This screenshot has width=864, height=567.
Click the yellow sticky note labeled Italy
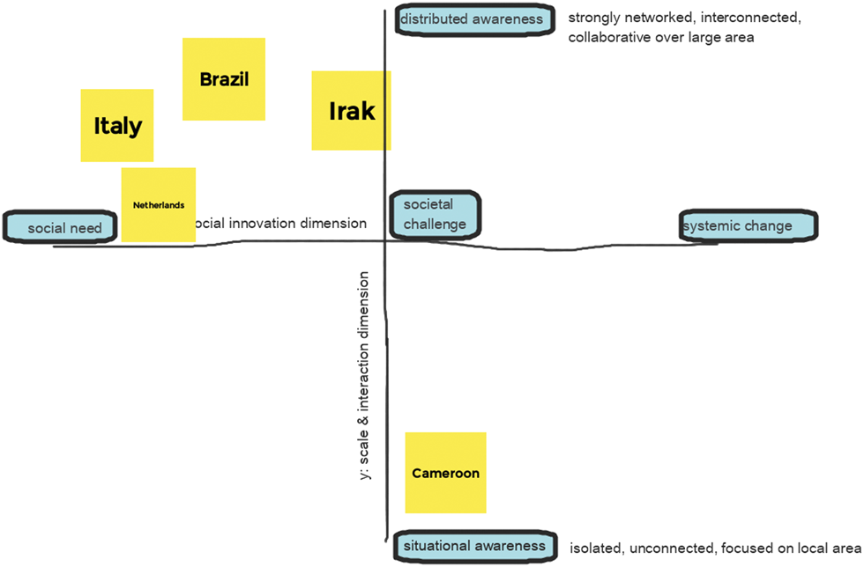click(x=117, y=125)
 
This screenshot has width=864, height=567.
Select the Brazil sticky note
click(x=224, y=79)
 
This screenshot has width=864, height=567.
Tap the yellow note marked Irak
click(x=351, y=111)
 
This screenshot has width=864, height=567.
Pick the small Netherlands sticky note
click(x=159, y=205)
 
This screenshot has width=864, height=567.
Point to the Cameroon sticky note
click(x=445, y=473)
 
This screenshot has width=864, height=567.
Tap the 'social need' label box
click(x=59, y=228)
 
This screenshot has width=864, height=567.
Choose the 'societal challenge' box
click(x=436, y=215)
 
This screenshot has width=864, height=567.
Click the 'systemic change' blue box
click(x=749, y=225)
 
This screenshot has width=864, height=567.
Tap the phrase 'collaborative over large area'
click(x=661, y=38)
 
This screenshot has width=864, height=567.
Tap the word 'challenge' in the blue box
click(x=436, y=224)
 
